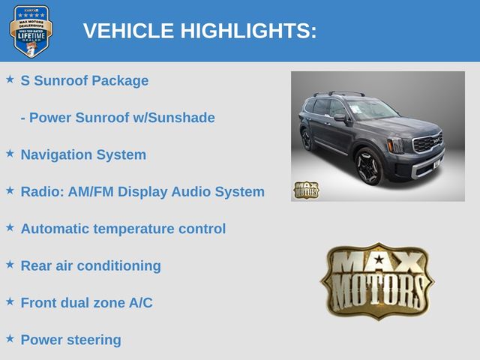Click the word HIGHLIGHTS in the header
[248, 31]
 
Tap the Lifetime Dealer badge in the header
[31, 31]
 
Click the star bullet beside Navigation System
[10, 153]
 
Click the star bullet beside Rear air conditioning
[10, 265]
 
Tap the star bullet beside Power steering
[10, 338]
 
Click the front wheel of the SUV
[369, 166]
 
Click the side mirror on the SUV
[340, 117]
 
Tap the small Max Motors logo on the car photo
[306, 190]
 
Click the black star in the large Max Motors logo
[379, 259]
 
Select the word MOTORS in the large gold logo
[378, 290]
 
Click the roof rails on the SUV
[340, 93]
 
